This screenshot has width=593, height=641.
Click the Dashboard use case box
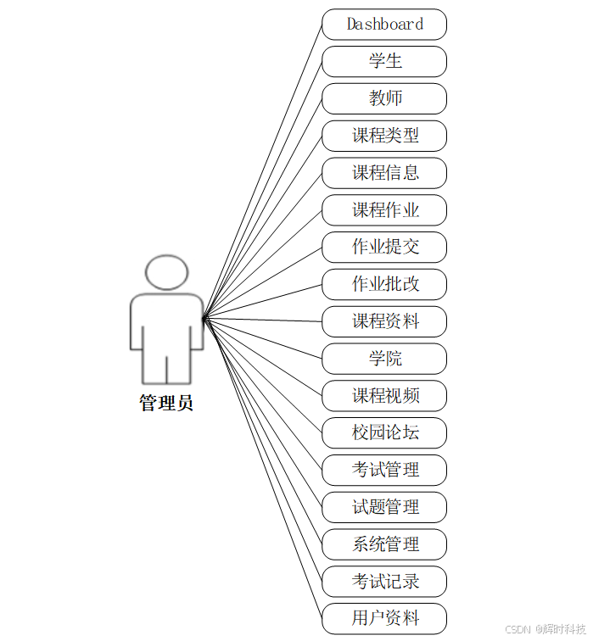point(384,25)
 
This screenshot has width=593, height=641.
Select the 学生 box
point(384,61)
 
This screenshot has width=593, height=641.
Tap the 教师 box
point(384,98)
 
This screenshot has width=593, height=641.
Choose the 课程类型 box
point(384,136)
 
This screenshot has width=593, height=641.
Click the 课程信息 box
point(384,173)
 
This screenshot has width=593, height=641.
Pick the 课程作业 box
point(384,210)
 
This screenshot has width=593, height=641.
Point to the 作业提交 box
point(384,247)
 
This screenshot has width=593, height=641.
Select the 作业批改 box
point(384,284)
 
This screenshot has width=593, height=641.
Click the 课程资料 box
point(384,321)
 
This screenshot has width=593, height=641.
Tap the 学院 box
point(384,359)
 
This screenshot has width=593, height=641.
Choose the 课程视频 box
point(384,396)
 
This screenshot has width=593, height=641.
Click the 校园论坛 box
point(384,432)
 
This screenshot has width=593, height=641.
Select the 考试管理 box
point(384,470)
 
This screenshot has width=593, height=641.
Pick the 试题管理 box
point(384,507)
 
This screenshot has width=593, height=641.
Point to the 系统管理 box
point(384,544)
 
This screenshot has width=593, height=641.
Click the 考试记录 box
point(384,582)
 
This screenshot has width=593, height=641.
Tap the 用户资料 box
point(384,618)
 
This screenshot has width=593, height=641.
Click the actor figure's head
point(166,271)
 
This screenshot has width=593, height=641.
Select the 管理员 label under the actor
point(166,404)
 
